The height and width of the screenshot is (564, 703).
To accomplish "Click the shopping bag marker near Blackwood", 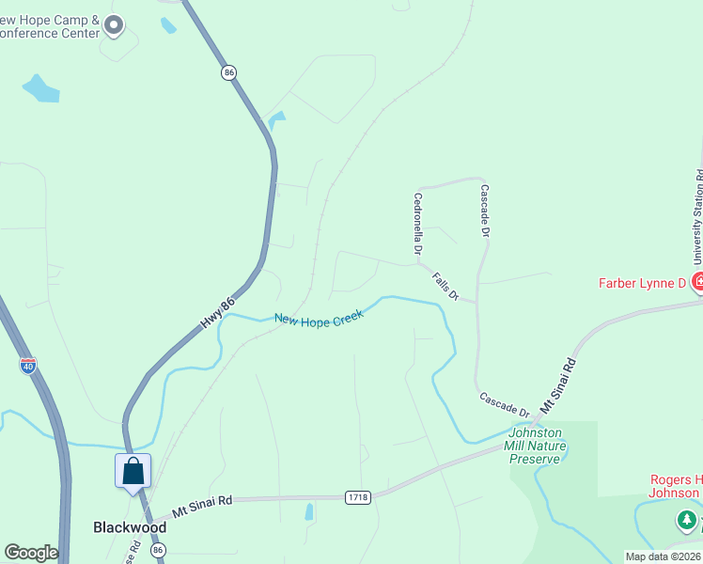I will pos(133,470).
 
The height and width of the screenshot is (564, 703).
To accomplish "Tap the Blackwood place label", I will pos(130,527).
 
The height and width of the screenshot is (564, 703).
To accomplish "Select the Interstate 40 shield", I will pos(28,365).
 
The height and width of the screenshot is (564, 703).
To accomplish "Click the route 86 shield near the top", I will pos(229,71).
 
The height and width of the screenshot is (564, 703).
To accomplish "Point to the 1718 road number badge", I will pos(356,496).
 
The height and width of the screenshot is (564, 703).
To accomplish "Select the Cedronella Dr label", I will pos(417,226).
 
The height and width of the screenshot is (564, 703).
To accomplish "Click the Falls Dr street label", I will pos(445,287).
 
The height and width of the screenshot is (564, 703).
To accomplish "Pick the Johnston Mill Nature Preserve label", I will pos(535,445).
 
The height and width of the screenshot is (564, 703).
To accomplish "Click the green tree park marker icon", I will pos(687,520).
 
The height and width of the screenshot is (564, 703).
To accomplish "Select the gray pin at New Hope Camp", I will pos(115,25).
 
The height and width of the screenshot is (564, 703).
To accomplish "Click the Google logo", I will pos(30,553).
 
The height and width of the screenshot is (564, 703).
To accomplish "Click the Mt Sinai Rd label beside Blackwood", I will pos(202,508).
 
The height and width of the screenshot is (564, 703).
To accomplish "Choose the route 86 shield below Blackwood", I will pos(158,550).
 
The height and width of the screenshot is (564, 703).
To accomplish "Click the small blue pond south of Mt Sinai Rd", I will pos(309,512).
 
